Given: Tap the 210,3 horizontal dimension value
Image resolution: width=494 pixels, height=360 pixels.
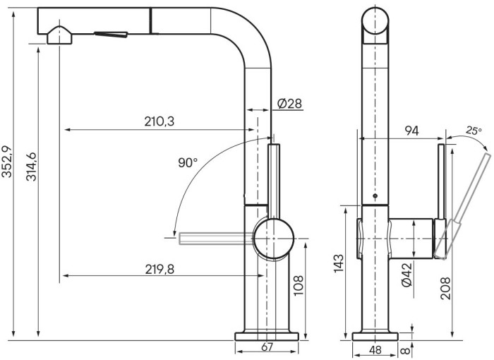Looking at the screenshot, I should click(x=159, y=122).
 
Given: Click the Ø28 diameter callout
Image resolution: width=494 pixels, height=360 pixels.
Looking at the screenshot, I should click(x=289, y=104).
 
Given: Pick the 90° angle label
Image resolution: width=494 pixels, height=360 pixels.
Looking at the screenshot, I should click(x=188, y=163).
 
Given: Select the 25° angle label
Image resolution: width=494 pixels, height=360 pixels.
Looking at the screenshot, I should click(x=474, y=131).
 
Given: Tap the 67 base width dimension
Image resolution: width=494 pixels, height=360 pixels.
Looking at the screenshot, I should click(x=267, y=347).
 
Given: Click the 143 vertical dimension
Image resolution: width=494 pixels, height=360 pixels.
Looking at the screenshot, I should click(x=339, y=263).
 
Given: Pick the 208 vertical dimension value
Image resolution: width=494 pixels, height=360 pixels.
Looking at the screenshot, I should click(x=445, y=288).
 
